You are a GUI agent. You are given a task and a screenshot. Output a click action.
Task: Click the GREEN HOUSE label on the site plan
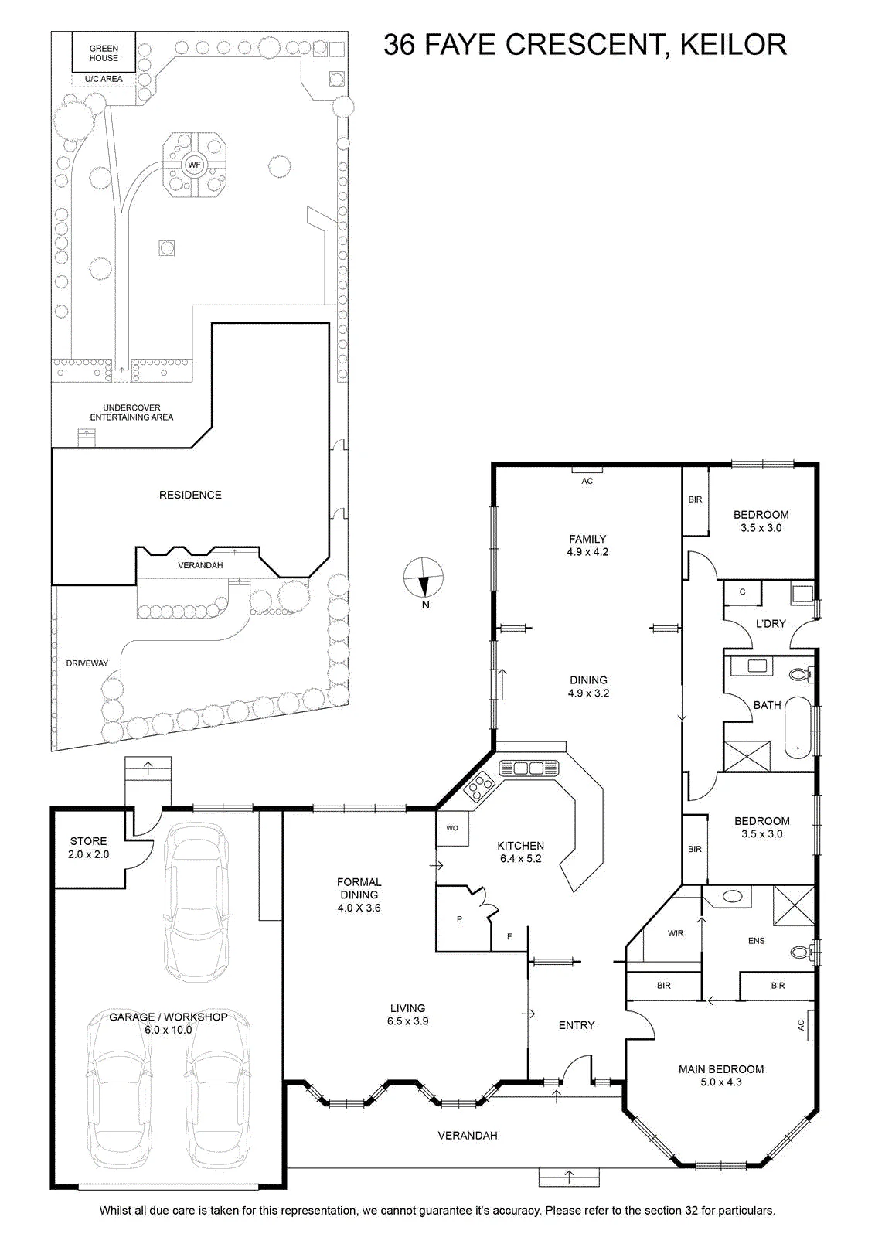click(x=104, y=53)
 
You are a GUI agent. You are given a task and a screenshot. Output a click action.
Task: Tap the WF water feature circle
click(x=194, y=165)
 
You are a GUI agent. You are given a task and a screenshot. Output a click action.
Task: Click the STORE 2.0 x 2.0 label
click(x=88, y=847)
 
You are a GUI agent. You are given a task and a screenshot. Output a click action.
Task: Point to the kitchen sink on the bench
click(x=529, y=768)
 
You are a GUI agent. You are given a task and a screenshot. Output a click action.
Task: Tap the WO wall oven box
click(x=452, y=828)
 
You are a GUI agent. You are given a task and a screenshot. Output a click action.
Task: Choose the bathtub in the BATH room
click(x=797, y=728)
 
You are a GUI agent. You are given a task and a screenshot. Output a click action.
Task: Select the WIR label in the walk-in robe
click(x=675, y=933)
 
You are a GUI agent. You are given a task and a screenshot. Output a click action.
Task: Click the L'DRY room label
click(x=770, y=623)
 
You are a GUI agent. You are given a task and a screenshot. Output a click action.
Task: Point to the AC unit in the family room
click(x=587, y=470)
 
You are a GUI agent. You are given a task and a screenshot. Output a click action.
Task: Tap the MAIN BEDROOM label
click(x=721, y=1069)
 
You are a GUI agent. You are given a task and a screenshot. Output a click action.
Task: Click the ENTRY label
click(x=577, y=1025)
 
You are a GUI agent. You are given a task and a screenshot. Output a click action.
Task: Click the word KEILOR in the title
click(x=733, y=45)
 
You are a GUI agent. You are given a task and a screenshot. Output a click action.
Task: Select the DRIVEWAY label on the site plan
click(x=87, y=663)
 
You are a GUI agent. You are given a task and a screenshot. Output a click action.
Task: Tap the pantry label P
click(x=459, y=919)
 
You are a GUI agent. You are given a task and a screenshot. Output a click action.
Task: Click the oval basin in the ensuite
click(x=733, y=896)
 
